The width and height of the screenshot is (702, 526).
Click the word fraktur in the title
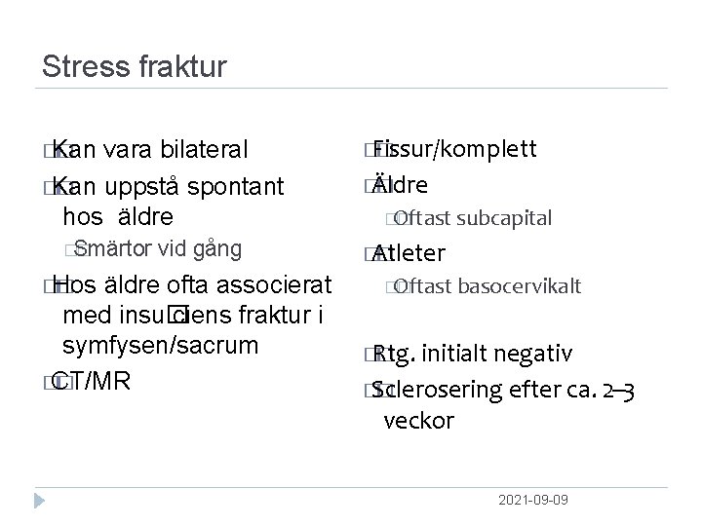click(181, 67)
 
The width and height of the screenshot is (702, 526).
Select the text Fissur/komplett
click(454, 149)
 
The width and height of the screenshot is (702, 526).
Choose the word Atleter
click(409, 254)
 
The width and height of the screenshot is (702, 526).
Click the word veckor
click(419, 421)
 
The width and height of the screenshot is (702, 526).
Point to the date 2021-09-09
click(532, 499)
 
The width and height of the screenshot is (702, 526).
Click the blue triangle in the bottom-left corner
click(41, 499)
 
